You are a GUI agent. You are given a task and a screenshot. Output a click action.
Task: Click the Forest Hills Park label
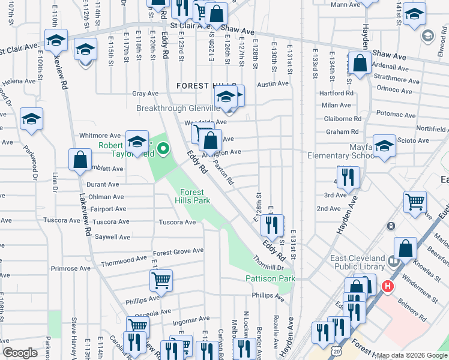pyautogui.click(x=193, y=196)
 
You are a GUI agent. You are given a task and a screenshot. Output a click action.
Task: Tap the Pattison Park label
pyautogui.click(x=270, y=278)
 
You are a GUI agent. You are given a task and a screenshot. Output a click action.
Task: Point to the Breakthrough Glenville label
pyautogui.click(x=178, y=109)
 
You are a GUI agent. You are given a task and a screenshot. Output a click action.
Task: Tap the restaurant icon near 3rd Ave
pyautogui.click(x=348, y=177)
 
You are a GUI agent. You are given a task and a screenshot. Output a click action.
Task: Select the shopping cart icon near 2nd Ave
pyautogui.click(x=415, y=203)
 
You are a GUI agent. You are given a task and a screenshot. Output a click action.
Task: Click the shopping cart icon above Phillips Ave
pyautogui.click(x=161, y=279)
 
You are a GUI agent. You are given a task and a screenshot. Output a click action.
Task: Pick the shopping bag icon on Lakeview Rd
pyautogui.click(x=80, y=160)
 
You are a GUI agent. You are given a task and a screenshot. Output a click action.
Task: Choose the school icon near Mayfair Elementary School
pyautogui.click(x=384, y=145)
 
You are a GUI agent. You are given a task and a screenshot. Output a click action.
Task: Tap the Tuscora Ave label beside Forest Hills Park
pyautogui.click(x=177, y=223)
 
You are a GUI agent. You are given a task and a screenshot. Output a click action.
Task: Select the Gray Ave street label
pyautogui.click(x=145, y=94)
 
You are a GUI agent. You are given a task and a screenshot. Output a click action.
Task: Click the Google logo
pyautogui.click(x=19, y=353)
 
